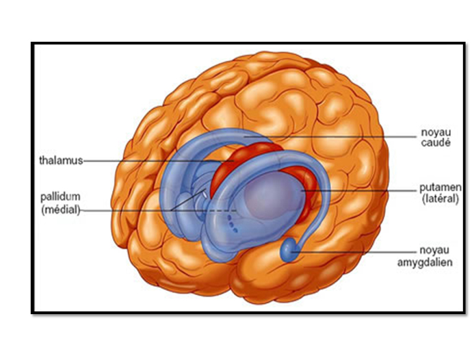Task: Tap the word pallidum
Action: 58,197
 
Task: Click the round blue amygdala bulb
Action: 289,250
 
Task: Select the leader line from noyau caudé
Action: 356,136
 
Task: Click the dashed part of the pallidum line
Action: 226,209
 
